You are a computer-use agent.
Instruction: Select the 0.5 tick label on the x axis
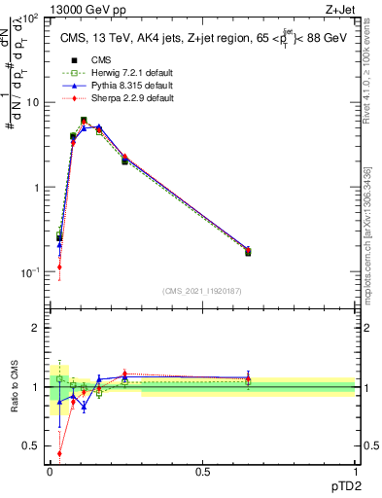202,471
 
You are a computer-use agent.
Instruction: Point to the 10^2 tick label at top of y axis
29,18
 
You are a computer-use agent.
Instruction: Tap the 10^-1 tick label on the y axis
29,272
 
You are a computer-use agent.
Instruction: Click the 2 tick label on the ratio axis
36,328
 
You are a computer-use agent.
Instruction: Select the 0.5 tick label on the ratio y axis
30,447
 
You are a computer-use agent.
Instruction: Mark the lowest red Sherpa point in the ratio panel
59,452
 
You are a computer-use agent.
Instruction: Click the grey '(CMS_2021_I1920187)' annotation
202,290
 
